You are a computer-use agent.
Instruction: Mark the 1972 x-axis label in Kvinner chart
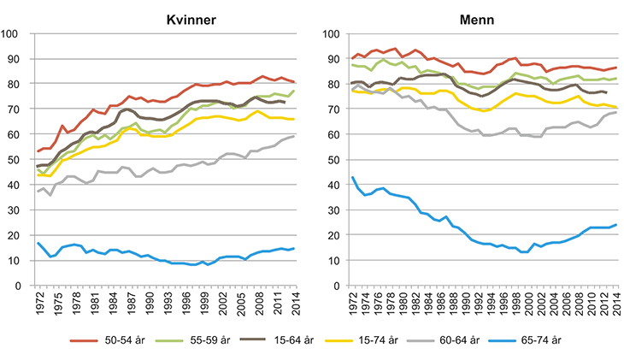(x=38, y=299)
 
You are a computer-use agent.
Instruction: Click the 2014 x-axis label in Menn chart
(x=615, y=299)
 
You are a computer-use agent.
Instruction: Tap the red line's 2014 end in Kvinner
(x=293, y=82)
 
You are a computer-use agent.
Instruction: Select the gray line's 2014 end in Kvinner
(x=293, y=136)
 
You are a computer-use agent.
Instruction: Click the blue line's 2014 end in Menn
(x=615, y=225)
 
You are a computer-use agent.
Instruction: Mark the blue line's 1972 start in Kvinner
(x=38, y=243)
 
